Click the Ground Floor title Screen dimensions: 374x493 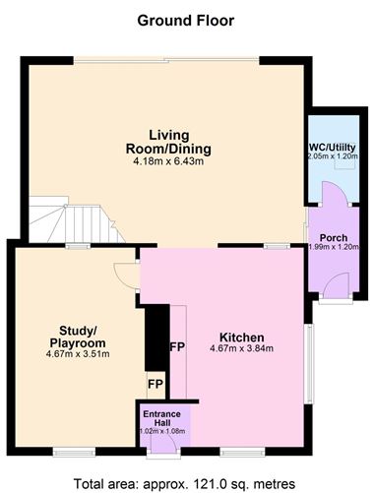[x=186, y=21]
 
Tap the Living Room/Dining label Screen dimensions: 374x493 [x=168, y=142]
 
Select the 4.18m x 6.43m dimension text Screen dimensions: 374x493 [x=168, y=161]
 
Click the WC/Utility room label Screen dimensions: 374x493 [x=332, y=148]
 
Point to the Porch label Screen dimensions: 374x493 [x=334, y=238]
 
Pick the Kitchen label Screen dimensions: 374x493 [x=242, y=338]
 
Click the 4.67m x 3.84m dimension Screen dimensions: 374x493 [x=242, y=348]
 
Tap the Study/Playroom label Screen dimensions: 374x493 [x=78, y=337]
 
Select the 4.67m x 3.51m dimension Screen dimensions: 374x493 [x=78, y=354]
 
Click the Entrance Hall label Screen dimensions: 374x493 [x=162, y=418]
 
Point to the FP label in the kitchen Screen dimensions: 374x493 [x=177, y=347]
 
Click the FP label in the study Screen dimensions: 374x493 [x=156, y=384]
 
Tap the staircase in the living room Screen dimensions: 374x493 [x=76, y=219]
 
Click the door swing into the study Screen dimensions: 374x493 [x=126, y=276]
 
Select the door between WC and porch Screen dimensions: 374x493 [x=334, y=193]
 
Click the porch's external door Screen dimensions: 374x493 [x=336, y=286]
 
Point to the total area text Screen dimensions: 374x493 [x=184, y=484]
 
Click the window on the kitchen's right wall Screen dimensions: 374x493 [x=309, y=363]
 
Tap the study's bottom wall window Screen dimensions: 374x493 [x=74, y=453]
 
